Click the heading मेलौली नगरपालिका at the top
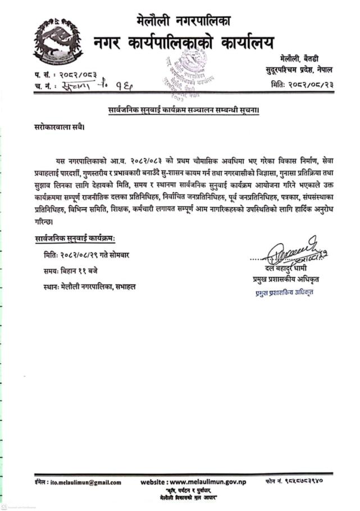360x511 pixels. (183, 21)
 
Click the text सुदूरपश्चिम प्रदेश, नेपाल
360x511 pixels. (298, 69)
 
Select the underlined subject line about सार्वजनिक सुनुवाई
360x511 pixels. (183, 110)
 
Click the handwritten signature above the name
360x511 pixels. (292, 253)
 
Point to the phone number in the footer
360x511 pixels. (307, 482)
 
